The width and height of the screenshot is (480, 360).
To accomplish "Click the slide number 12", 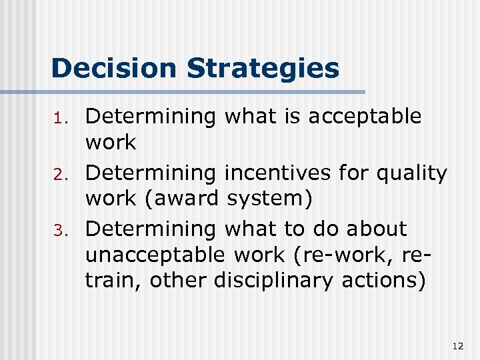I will (457, 345).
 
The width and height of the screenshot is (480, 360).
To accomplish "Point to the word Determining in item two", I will (151, 173).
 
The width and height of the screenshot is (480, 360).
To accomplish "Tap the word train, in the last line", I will (114, 281).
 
